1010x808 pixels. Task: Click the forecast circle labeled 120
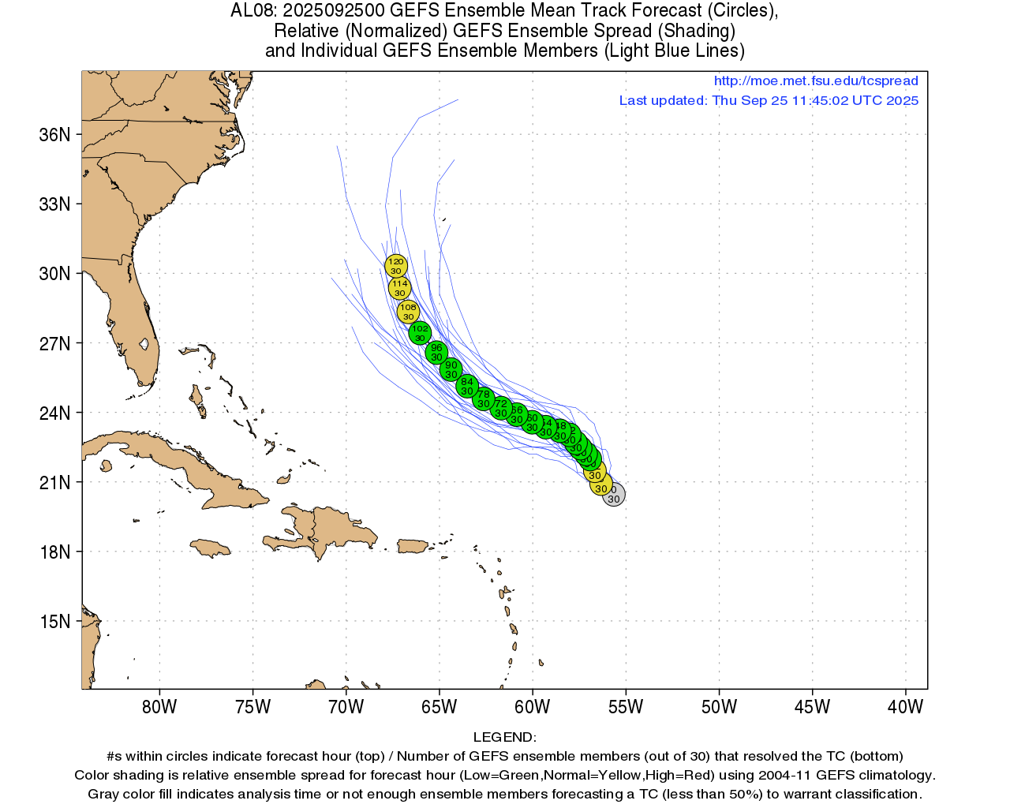395,266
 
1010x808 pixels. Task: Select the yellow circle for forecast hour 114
399,288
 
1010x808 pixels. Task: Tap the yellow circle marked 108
408,312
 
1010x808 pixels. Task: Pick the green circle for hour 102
420,333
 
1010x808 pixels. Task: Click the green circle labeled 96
436,352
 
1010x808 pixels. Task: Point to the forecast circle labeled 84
467,386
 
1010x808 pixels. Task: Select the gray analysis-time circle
614,495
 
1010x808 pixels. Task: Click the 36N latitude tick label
54,135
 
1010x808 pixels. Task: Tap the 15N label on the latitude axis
54,622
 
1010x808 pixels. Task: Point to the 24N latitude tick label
54,413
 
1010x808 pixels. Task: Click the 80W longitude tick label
159,706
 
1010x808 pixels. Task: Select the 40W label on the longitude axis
905,706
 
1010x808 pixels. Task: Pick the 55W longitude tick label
626,706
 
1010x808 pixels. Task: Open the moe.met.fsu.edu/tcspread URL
816,80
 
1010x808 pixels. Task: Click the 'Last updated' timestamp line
769,100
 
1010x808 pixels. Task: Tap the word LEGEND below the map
504,737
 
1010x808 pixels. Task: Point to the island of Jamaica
209,548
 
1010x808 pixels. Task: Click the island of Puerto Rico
412,546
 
